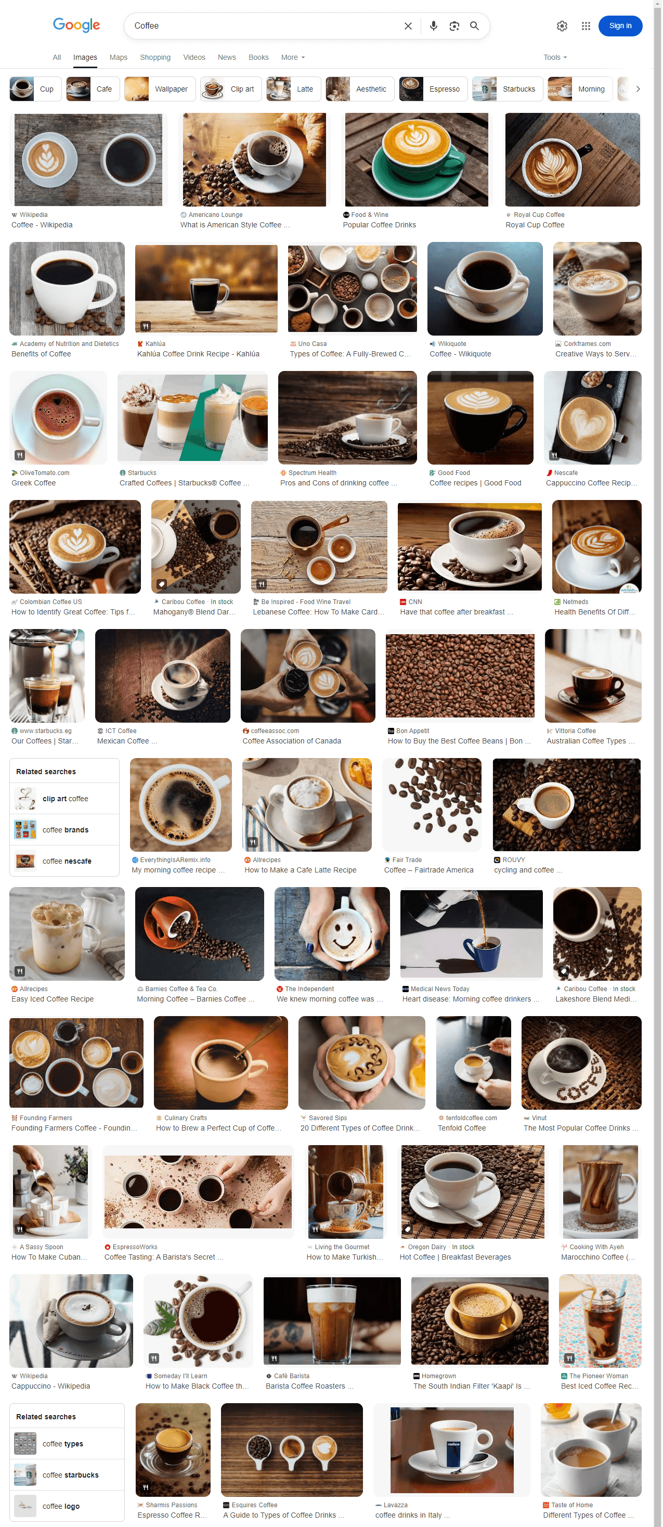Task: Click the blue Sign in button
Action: tap(620, 26)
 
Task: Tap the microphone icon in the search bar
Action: tap(434, 26)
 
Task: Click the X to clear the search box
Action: tap(408, 26)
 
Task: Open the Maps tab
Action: tap(119, 58)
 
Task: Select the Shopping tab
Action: tap(155, 58)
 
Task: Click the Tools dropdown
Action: tap(555, 58)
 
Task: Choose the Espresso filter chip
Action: tap(433, 89)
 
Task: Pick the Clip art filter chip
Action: tap(231, 89)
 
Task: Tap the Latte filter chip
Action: tap(294, 89)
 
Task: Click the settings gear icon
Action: tap(562, 26)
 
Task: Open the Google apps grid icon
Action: tap(586, 26)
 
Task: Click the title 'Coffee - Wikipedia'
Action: tap(42, 225)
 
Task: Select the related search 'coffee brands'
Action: tap(65, 830)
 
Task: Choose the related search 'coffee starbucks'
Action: tap(70, 1475)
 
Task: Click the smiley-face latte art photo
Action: tap(332, 933)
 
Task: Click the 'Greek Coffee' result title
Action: tap(34, 483)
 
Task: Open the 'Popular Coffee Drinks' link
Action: tap(379, 225)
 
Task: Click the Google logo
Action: tap(76, 25)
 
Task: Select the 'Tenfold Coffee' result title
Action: tap(462, 1128)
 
